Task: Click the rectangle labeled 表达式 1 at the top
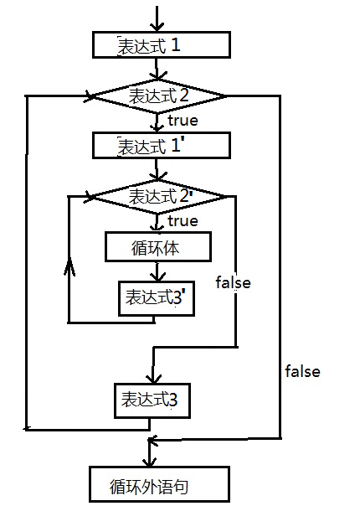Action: [159, 45]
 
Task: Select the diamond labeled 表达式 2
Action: [158, 96]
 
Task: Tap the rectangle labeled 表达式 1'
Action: [159, 145]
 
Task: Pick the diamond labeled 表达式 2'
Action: [158, 196]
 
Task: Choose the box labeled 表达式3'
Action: [157, 297]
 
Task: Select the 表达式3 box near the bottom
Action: [151, 400]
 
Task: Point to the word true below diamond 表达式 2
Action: [183, 121]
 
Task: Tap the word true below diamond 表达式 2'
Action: [183, 221]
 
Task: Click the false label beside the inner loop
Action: [233, 282]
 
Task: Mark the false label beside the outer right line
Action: [302, 371]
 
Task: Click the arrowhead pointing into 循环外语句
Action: [151, 462]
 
